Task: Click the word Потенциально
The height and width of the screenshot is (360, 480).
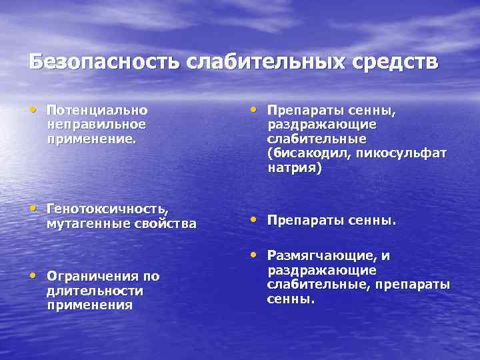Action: [x=97, y=110]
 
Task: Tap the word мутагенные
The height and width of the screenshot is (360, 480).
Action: [x=83, y=224]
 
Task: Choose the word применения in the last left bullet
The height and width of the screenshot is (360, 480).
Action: [x=89, y=305]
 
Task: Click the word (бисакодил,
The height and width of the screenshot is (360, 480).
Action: [x=309, y=153]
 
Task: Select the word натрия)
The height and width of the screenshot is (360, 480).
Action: [x=295, y=168]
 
